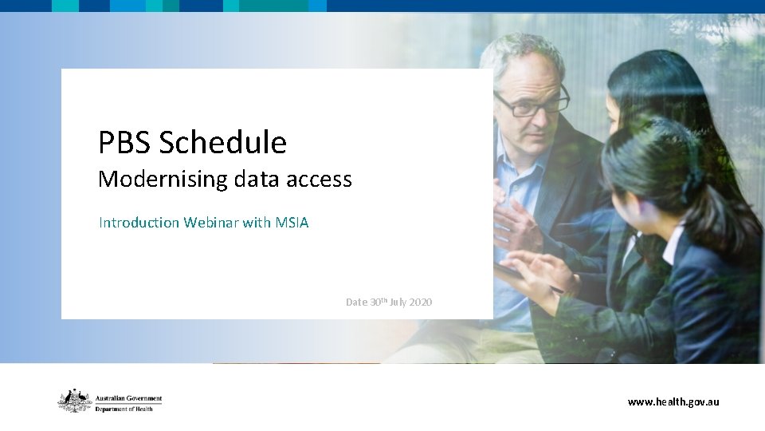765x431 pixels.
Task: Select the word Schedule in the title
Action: pyautogui.click(x=222, y=143)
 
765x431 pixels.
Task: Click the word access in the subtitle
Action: pyautogui.click(x=317, y=180)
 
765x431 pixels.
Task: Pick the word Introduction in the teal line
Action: pyautogui.click(x=139, y=223)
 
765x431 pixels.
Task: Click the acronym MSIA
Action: pyautogui.click(x=292, y=223)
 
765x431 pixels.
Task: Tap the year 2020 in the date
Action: pyautogui.click(x=420, y=302)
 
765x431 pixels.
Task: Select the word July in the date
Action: pyautogui.click(x=398, y=302)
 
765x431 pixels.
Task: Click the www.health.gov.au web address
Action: pyautogui.click(x=673, y=401)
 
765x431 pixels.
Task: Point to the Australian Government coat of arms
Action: pyautogui.click(x=74, y=401)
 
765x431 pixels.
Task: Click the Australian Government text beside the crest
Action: pyautogui.click(x=128, y=397)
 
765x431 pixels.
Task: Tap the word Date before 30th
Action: pyautogui.click(x=355, y=302)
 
